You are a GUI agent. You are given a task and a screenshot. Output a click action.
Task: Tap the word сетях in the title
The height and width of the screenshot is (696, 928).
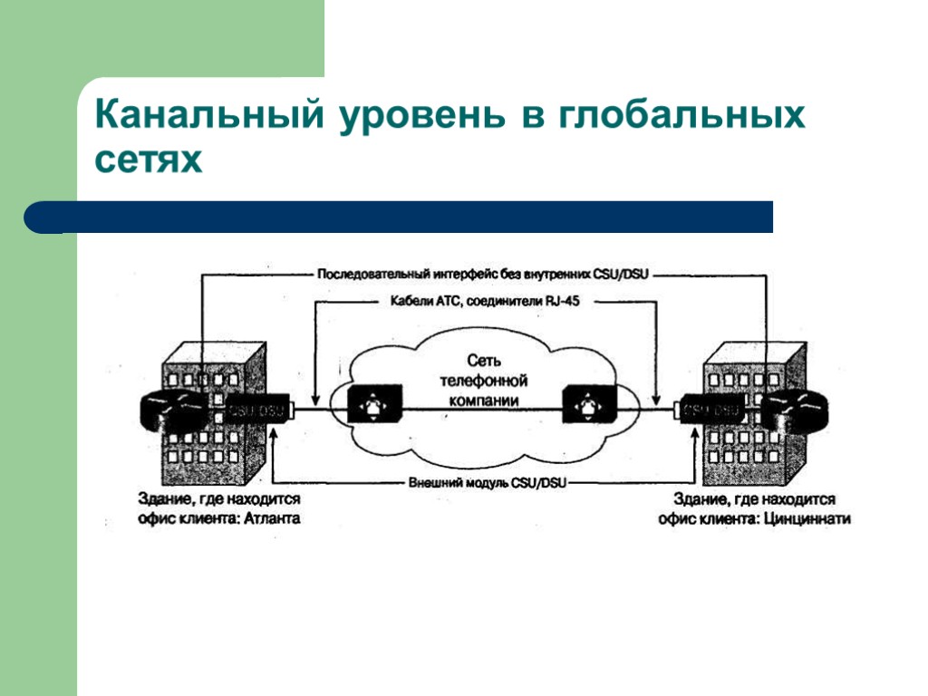point(148,161)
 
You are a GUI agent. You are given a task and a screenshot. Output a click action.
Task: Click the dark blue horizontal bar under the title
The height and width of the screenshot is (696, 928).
point(408,217)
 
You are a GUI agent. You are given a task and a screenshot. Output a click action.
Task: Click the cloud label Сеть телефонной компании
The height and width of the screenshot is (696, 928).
point(483,380)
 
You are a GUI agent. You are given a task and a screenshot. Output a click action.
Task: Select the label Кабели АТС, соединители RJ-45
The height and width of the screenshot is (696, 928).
point(484,303)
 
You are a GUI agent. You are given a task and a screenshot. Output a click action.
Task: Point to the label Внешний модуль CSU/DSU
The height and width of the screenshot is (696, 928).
point(487,484)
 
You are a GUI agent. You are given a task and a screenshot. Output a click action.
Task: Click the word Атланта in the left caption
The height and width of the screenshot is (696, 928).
point(272,518)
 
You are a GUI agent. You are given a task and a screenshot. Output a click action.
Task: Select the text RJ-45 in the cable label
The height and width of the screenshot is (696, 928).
point(559,303)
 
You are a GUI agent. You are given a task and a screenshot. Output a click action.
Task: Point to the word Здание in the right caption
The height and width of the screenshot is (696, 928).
point(697,499)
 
